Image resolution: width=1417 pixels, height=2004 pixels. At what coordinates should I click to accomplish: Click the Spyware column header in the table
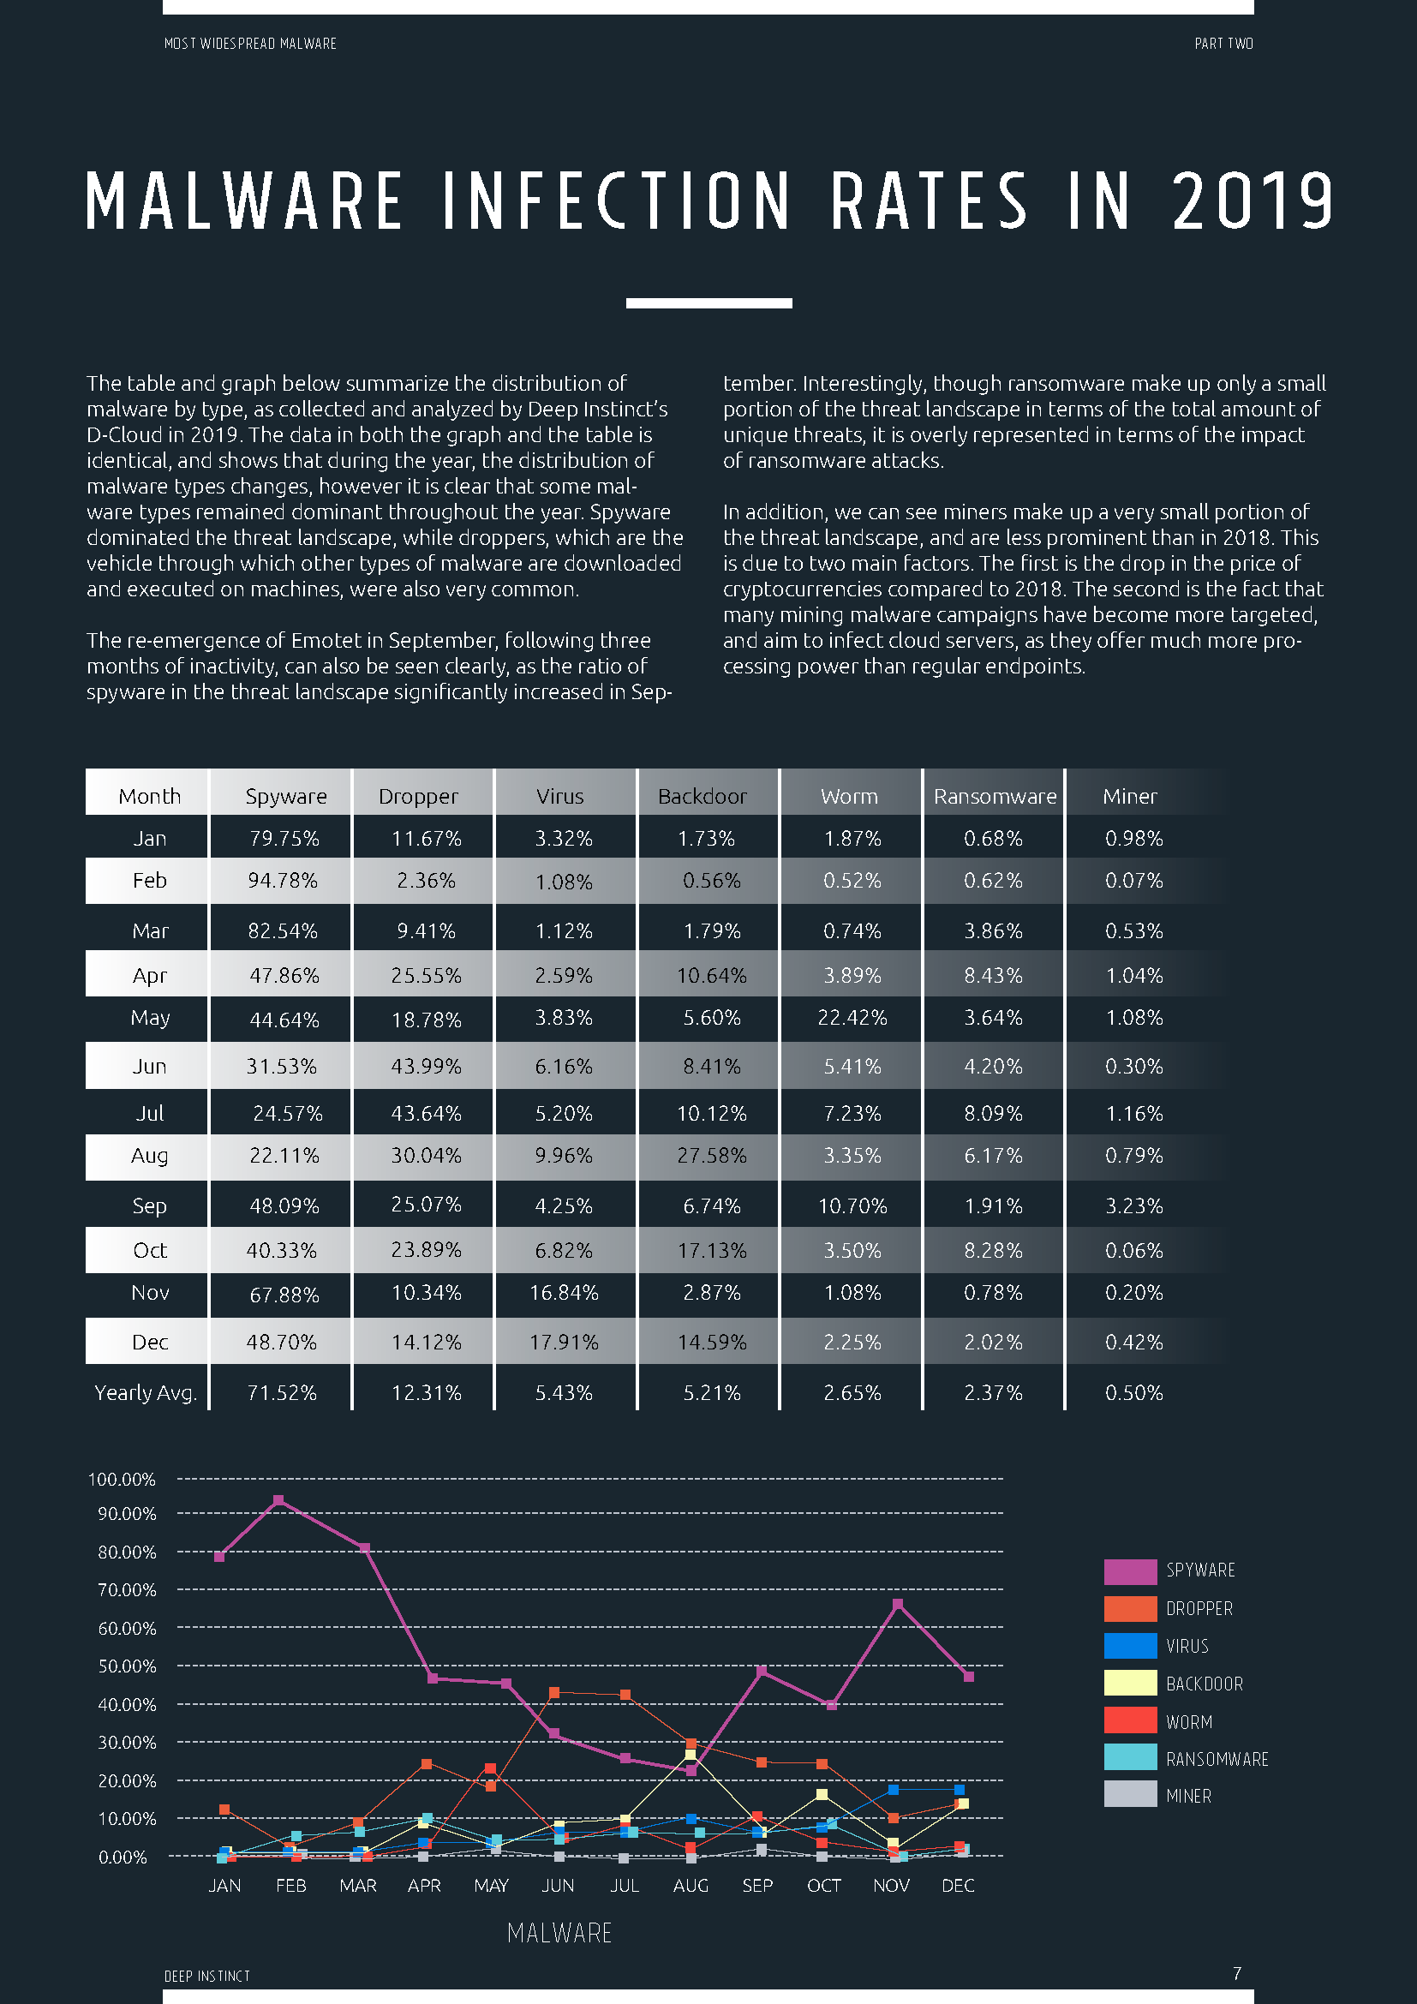tap(285, 796)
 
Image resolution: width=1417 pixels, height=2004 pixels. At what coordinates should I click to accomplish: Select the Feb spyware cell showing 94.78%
tap(282, 881)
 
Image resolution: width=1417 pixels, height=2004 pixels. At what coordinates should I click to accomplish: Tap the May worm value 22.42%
tap(852, 1018)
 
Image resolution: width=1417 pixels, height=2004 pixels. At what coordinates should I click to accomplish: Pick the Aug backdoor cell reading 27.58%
tap(711, 1156)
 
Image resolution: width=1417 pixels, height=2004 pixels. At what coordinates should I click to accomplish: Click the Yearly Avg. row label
tap(145, 1392)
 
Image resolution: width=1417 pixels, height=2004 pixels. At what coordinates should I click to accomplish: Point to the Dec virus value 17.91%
tap(564, 1343)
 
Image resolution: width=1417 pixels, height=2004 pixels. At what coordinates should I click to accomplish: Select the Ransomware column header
tap(994, 796)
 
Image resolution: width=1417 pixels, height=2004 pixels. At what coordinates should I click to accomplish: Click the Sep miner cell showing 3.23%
tap(1133, 1206)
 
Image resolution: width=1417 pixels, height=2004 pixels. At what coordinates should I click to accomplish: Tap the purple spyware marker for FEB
tap(278, 1501)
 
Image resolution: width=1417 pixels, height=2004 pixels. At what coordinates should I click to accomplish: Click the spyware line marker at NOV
tap(898, 1604)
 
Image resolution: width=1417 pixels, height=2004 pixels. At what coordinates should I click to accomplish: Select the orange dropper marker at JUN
tap(554, 1692)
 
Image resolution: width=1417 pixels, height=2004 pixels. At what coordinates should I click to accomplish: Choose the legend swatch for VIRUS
tap(1130, 1646)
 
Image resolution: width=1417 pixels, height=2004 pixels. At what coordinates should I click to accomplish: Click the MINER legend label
tap(1188, 1797)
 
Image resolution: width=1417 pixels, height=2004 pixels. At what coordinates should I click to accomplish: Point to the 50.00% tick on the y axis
tap(127, 1666)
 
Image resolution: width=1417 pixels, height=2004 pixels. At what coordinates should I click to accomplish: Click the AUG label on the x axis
tap(691, 1885)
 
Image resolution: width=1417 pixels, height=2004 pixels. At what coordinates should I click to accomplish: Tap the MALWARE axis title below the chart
tap(559, 1933)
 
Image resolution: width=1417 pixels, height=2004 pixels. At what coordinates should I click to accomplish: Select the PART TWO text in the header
tap(1223, 44)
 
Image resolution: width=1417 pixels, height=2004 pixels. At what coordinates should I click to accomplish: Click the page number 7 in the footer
tap(1236, 1973)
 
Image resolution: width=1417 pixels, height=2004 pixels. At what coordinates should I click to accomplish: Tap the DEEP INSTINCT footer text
tap(206, 1976)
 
